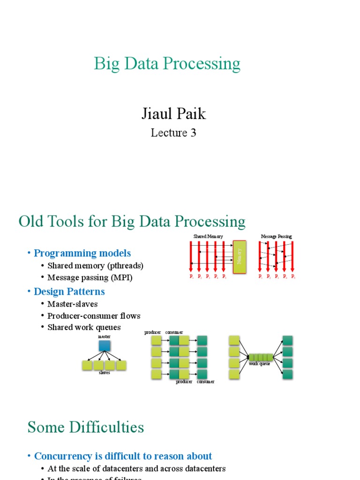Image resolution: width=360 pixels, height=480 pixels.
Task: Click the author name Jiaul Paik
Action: [173, 113]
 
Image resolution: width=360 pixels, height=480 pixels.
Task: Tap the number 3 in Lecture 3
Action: [193, 133]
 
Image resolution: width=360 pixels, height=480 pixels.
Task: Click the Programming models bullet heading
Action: [82, 253]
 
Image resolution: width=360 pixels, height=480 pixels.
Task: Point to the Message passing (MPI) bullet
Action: [90, 277]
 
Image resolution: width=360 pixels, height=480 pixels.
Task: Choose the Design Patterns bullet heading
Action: [69, 292]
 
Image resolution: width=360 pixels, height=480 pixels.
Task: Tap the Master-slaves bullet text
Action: [72, 304]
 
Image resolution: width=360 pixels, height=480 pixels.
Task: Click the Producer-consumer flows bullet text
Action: [94, 315]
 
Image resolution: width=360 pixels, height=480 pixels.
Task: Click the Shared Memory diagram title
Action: [208, 236]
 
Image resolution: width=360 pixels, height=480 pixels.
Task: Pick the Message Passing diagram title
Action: [276, 236]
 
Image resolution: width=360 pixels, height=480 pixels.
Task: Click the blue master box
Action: [105, 346]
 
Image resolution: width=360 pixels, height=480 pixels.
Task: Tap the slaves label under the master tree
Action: [105, 373]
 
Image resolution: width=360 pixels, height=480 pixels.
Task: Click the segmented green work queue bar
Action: [261, 358]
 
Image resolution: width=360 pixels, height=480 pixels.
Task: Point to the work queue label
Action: [259, 364]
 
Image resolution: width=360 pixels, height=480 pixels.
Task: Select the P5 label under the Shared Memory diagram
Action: [224, 277]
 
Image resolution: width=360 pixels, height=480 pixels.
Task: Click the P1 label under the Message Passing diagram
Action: [260, 277]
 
